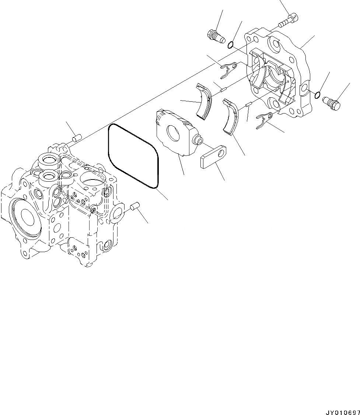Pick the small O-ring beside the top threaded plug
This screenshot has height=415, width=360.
(x=230, y=45)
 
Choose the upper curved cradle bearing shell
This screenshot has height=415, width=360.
(x=204, y=100)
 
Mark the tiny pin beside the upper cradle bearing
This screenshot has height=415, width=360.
(x=222, y=88)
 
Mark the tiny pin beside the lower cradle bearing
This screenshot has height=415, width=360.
(x=248, y=104)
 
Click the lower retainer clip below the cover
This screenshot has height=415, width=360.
(x=264, y=121)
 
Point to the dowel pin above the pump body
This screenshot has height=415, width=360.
(x=76, y=139)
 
